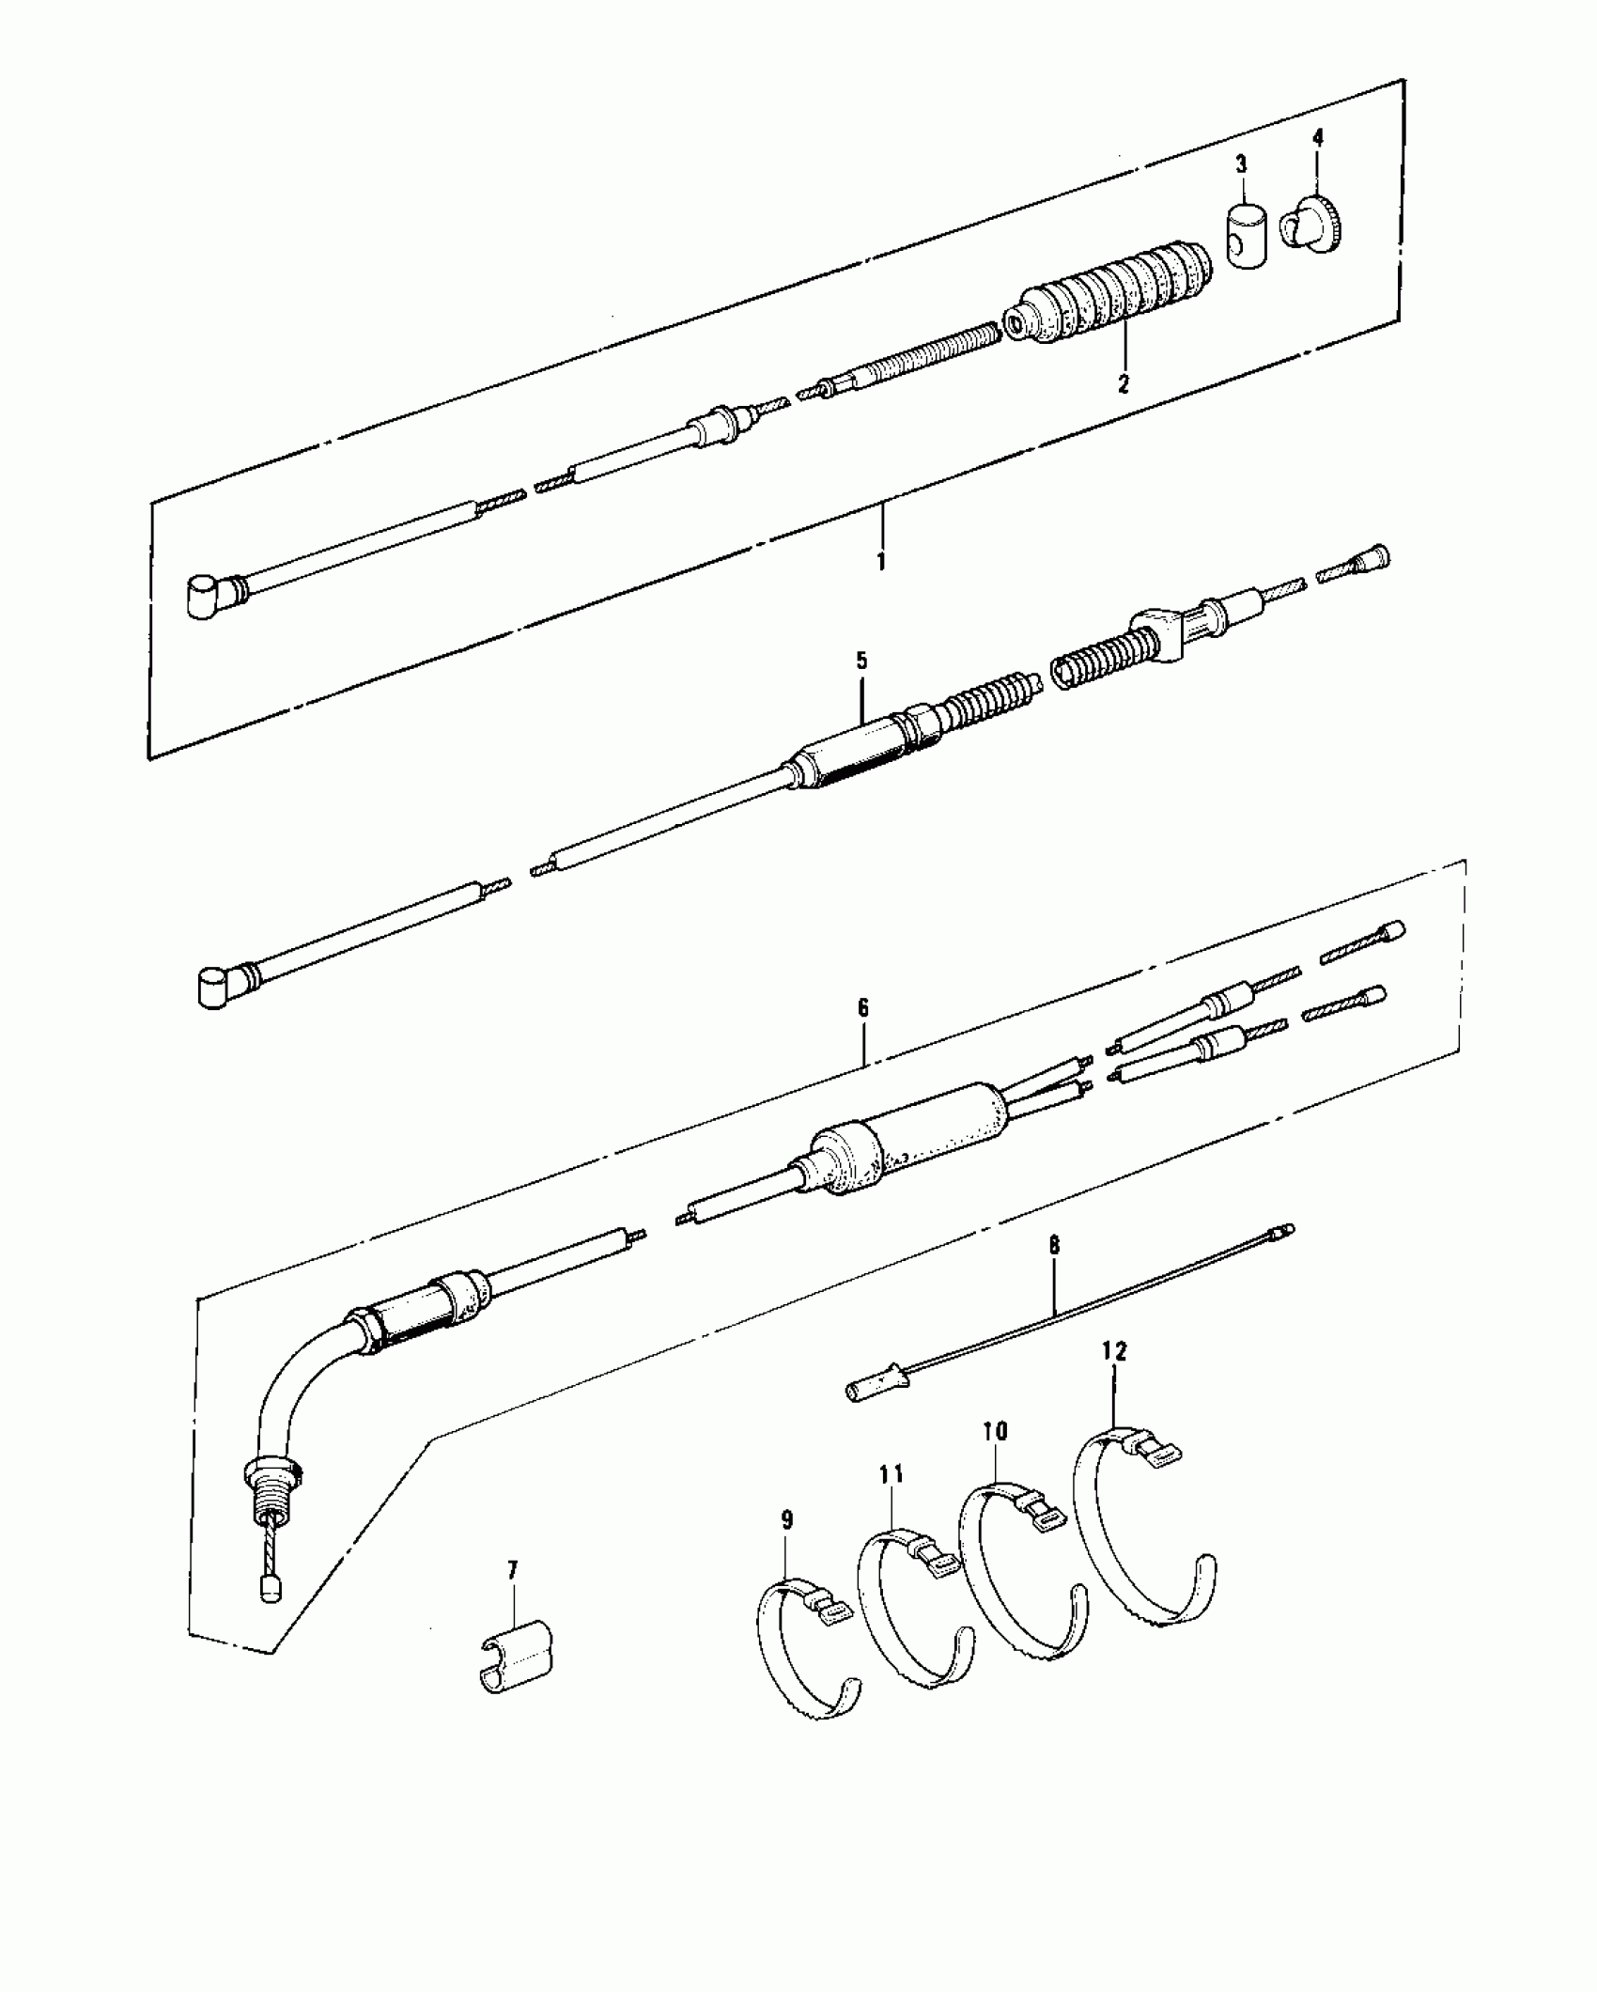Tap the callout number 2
click(x=1124, y=383)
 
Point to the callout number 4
click(x=1318, y=137)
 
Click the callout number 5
click(x=861, y=661)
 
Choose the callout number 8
click(x=1054, y=1245)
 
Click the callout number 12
click(x=1114, y=1351)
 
